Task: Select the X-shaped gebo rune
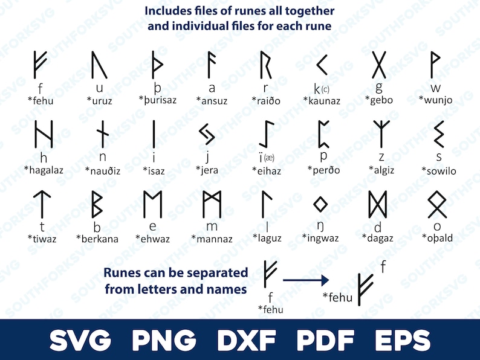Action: [378, 65]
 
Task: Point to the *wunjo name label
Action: [435, 100]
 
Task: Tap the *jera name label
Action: [207, 170]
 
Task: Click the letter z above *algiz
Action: [381, 157]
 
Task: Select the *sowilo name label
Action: [438, 171]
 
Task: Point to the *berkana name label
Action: [97, 239]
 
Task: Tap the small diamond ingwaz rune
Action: [320, 204]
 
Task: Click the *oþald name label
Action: [437, 238]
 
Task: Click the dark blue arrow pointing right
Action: [305, 280]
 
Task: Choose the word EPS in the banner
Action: [402, 340]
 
